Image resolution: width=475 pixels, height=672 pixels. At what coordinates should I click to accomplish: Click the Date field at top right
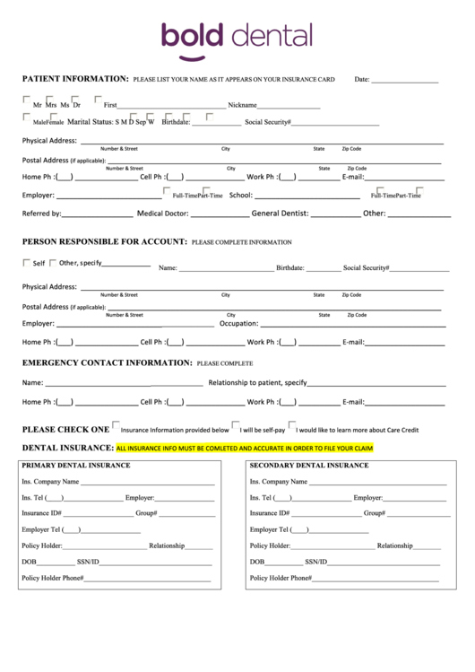(404, 80)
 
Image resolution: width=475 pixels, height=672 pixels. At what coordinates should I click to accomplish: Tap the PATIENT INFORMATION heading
(75, 79)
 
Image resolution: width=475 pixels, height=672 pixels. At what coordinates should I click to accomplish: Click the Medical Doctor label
(162, 214)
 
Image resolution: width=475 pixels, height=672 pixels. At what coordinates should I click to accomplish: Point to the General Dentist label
(280, 214)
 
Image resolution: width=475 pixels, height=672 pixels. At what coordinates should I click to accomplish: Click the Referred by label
(41, 214)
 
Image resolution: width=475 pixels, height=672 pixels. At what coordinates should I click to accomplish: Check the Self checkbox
(26, 263)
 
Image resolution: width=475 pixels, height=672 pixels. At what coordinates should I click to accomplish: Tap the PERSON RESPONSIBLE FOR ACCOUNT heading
(104, 241)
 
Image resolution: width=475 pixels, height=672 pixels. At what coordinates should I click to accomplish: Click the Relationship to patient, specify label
(257, 383)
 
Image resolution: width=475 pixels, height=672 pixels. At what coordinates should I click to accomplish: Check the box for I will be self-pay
(236, 426)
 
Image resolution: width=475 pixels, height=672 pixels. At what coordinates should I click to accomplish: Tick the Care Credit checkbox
(291, 426)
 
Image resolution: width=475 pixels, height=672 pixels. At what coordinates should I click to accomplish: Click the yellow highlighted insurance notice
(244, 448)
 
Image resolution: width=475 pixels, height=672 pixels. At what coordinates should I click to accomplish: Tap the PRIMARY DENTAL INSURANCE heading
(75, 466)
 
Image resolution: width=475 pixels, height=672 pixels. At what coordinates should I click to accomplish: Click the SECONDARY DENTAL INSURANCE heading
(308, 466)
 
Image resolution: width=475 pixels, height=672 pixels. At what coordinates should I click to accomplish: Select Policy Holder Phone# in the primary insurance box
(53, 578)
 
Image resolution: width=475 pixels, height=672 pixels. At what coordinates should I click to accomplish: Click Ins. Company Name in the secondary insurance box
(279, 482)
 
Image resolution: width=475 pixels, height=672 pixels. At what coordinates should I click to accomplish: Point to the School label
(240, 195)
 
